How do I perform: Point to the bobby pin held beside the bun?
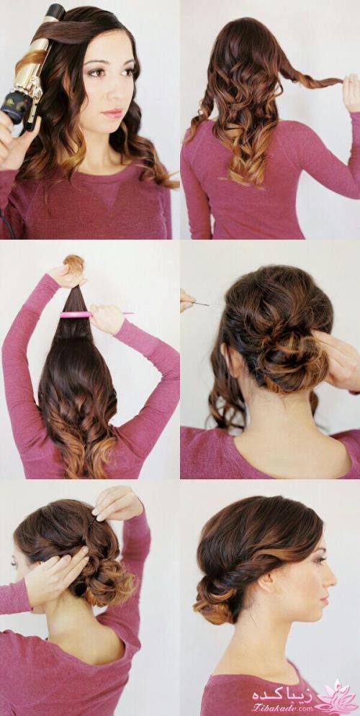point(198,302)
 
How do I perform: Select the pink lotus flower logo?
point(337,698)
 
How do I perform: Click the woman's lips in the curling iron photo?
point(112,112)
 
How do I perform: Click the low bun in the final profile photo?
point(215,598)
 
